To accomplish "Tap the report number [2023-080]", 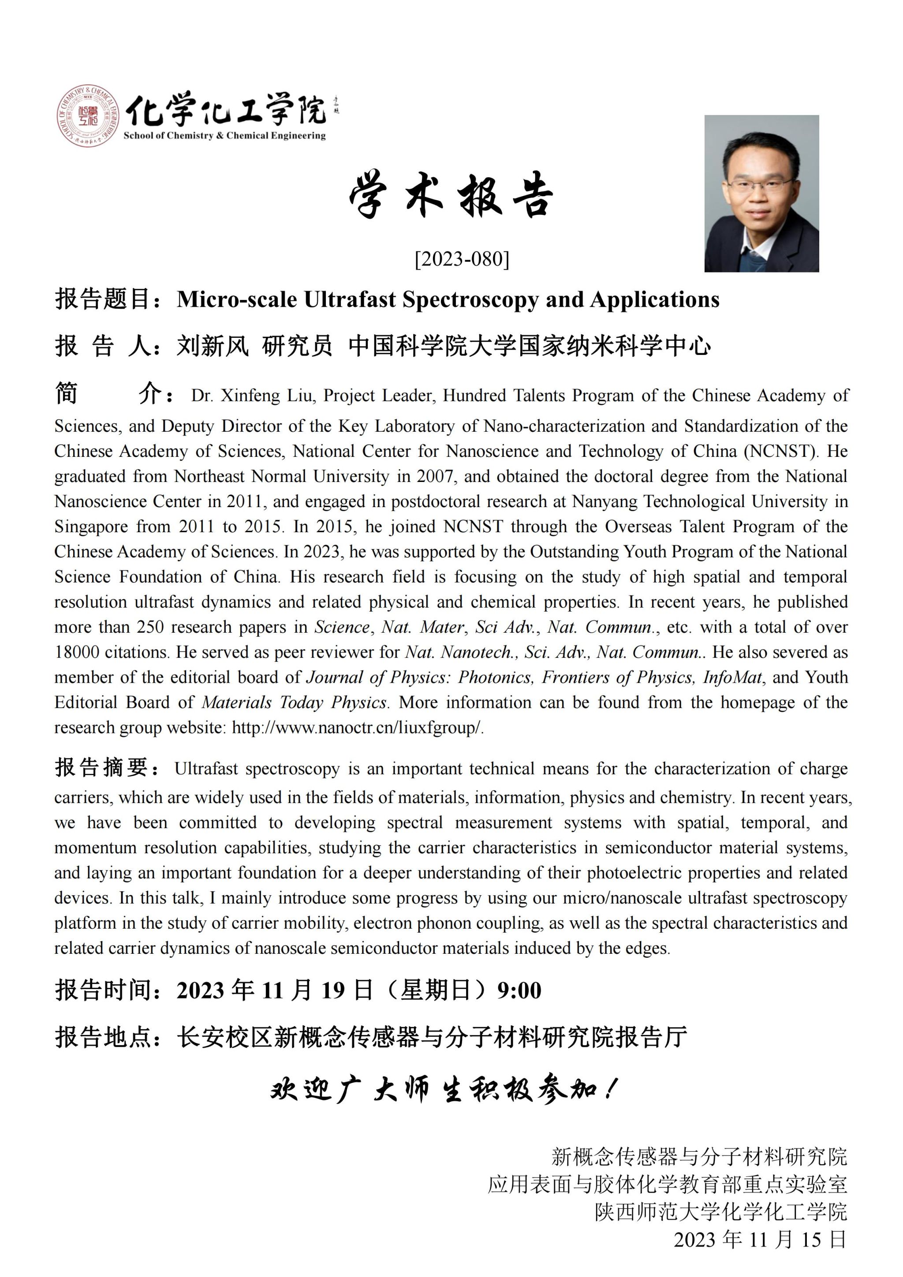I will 462,259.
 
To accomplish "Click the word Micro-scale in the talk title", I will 237,300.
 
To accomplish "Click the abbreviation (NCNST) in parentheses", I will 780,451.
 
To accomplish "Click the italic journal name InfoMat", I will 733,677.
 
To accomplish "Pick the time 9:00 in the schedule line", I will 519,990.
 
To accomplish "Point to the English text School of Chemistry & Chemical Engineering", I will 224,136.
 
